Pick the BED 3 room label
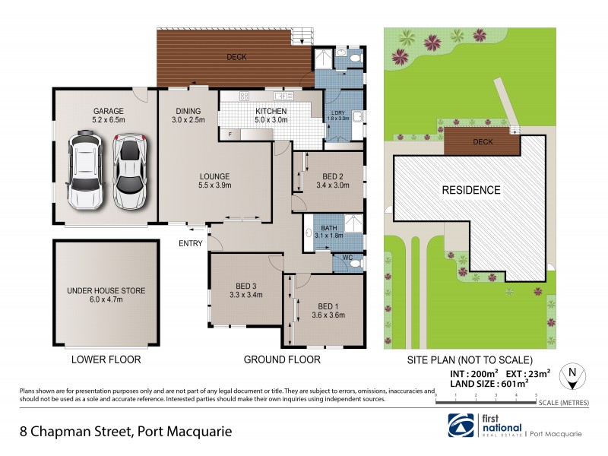click(x=245, y=290)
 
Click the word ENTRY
click(x=191, y=243)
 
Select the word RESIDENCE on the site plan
click(x=471, y=190)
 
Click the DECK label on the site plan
click(x=483, y=141)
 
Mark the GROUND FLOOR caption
click(x=281, y=359)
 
